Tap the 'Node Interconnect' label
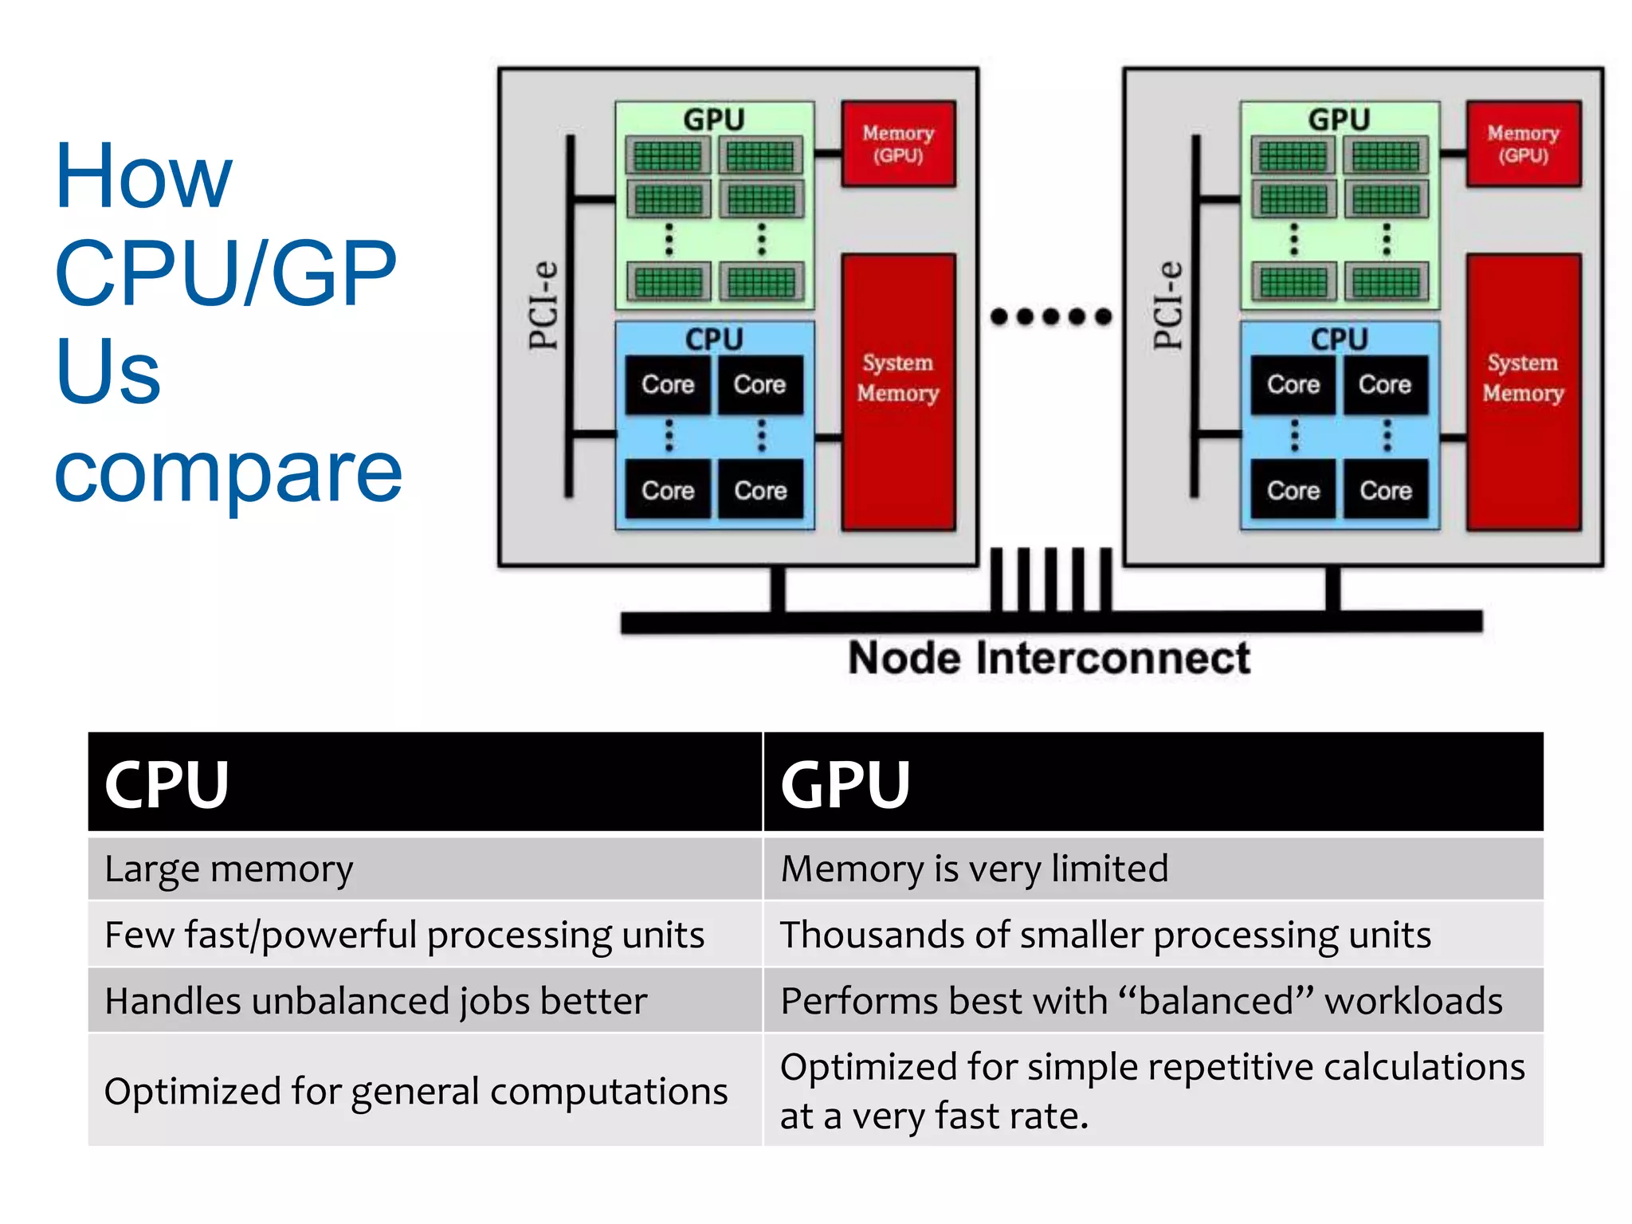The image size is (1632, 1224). (x=1049, y=658)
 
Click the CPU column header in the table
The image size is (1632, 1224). (x=167, y=784)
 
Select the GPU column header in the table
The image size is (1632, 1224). (x=845, y=784)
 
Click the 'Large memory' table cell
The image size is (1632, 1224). (x=229, y=869)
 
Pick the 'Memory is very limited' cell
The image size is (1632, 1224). (x=974, y=869)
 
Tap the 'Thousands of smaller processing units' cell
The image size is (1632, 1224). (x=1105, y=935)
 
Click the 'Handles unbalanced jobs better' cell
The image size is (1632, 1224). (x=375, y=1001)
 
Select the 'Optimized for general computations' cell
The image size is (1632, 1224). (x=415, y=1091)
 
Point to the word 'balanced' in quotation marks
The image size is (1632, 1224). (x=1216, y=1001)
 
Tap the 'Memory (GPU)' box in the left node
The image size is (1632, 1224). (x=898, y=144)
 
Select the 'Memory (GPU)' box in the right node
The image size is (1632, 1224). (x=1523, y=144)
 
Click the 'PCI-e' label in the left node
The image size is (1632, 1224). (x=544, y=305)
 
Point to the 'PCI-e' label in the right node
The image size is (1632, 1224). (x=1169, y=305)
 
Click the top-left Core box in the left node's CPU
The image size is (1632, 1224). (x=668, y=385)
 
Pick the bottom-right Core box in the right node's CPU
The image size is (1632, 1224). (x=1386, y=490)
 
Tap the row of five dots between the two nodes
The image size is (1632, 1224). (x=1050, y=316)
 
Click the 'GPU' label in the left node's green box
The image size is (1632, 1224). (x=714, y=120)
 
